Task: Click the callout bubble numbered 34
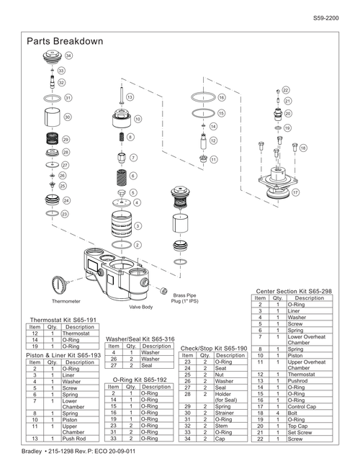[68, 55]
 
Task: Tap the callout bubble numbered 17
[295, 192]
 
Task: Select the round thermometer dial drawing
[58, 285]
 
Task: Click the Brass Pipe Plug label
[184, 298]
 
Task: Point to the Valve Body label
[141, 307]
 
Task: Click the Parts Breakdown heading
[65, 41]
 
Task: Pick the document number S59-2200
[326, 18]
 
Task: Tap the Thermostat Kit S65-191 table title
[63, 320]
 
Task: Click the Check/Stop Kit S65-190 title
[214, 349]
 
